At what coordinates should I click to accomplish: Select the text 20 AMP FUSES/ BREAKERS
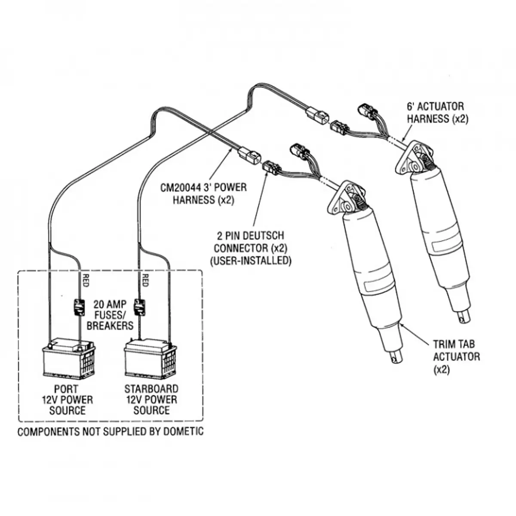tap(110, 316)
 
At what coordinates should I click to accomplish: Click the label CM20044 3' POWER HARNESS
tap(203, 193)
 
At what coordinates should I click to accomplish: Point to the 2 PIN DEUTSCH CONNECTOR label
tap(250, 248)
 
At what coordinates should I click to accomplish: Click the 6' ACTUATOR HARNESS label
tap(437, 113)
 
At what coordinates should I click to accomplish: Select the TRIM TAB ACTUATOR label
tap(456, 356)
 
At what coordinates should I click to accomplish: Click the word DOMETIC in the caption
tap(183, 431)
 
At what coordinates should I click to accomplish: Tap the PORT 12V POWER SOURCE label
tap(67, 400)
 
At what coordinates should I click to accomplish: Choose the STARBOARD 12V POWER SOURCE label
tap(151, 400)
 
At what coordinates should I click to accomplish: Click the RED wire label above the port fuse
tap(86, 280)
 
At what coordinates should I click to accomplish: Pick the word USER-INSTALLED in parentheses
tap(250, 261)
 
